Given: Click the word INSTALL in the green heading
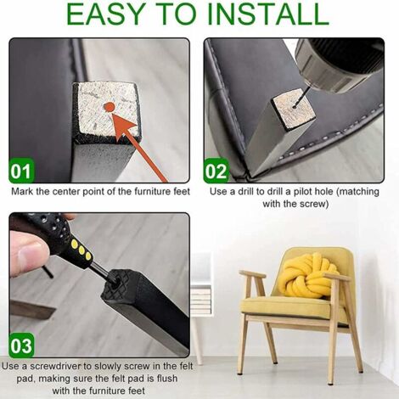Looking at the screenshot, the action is click(x=268, y=14).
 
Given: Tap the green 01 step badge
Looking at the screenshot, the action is click(x=21, y=171).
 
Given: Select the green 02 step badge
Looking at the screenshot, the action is click(x=216, y=171).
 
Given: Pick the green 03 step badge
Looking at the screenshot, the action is click(x=21, y=346).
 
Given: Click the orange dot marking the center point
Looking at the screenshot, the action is click(x=109, y=107).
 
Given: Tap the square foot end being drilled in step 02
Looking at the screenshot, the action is click(x=293, y=108).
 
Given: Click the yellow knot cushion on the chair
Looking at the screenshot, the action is click(x=307, y=275).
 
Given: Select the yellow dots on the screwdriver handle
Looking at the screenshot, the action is click(x=81, y=250).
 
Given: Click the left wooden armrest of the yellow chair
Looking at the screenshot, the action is click(x=252, y=273).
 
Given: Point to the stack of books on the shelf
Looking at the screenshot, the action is click(x=201, y=300).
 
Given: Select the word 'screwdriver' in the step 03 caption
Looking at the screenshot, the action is click(x=55, y=366).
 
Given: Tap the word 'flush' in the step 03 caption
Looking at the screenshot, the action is click(x=166, y=379).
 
